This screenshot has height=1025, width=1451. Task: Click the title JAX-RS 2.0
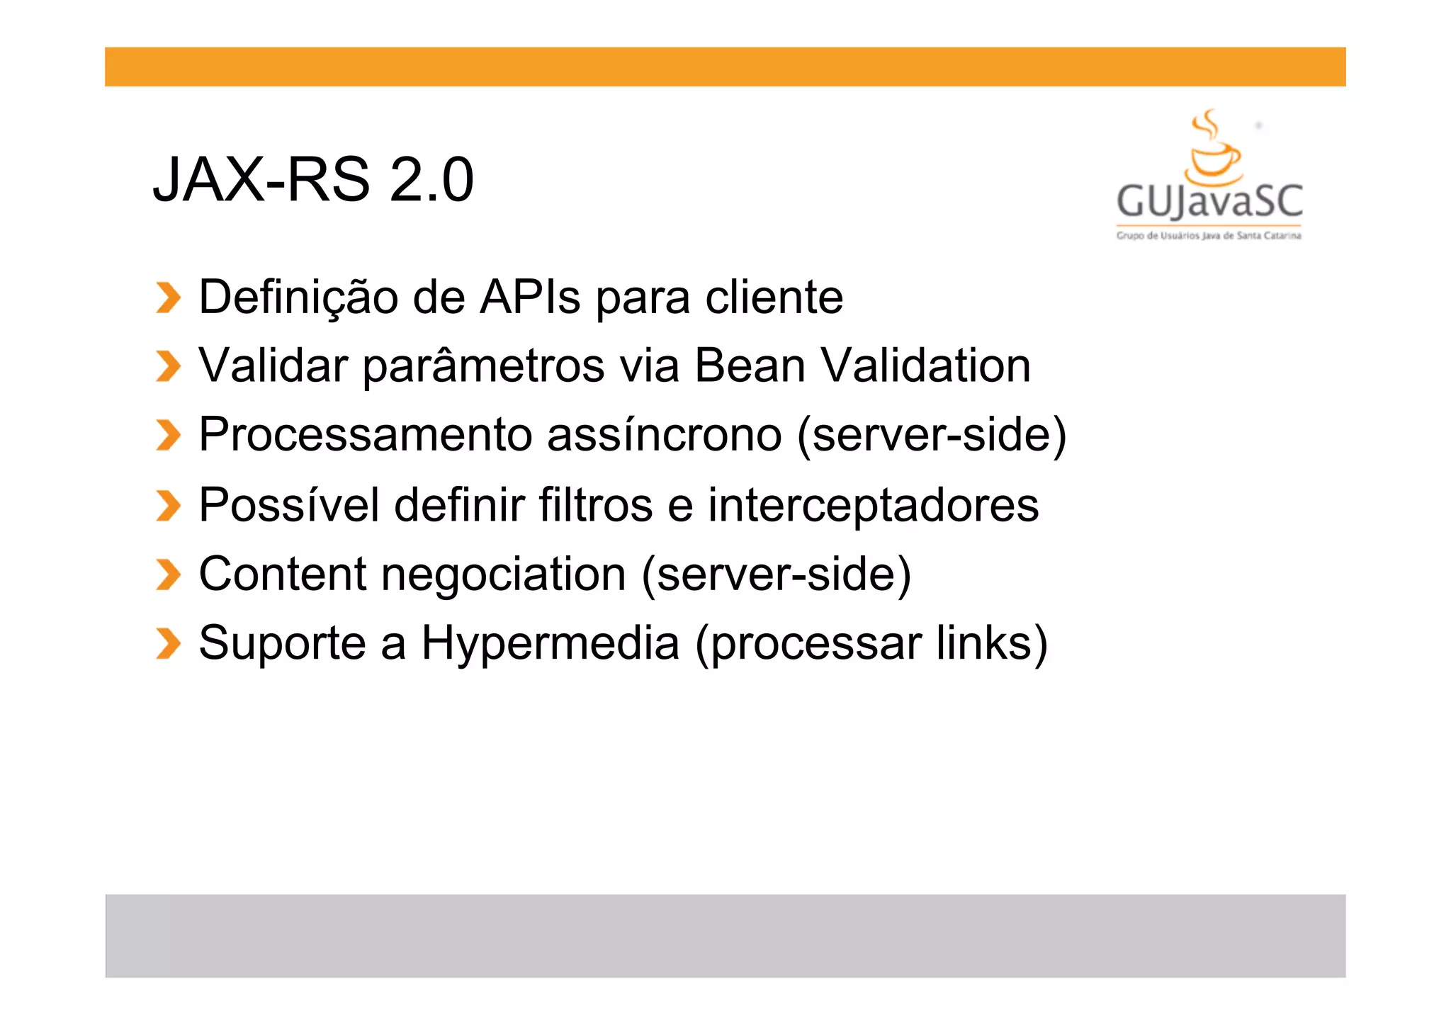(x=313, y=180)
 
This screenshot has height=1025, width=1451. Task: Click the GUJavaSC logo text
(x=1209, y=202)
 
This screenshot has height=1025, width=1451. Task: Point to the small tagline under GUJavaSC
(x=1209, y=236)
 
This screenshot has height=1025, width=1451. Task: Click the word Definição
(x=298, y=298)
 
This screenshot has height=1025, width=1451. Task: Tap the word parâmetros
(x=484, y=367)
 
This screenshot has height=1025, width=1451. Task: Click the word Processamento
(x=365, y=434)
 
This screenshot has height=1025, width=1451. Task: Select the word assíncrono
(x=665, y=434)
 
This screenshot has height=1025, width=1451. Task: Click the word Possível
(x=289, y=505)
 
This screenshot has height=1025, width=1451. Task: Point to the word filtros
(x=595, y=504)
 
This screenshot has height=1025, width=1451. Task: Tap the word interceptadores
(x=873, y=506)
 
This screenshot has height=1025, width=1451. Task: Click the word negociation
(x=504, y=574)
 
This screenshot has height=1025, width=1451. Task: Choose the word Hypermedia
(x=551, y=644)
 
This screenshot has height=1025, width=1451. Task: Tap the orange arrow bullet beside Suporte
(x=168, y=643)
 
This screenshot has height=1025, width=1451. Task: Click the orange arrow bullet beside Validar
(x=168, y=366)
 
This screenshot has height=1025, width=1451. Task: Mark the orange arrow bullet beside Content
(x=168, y=574)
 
